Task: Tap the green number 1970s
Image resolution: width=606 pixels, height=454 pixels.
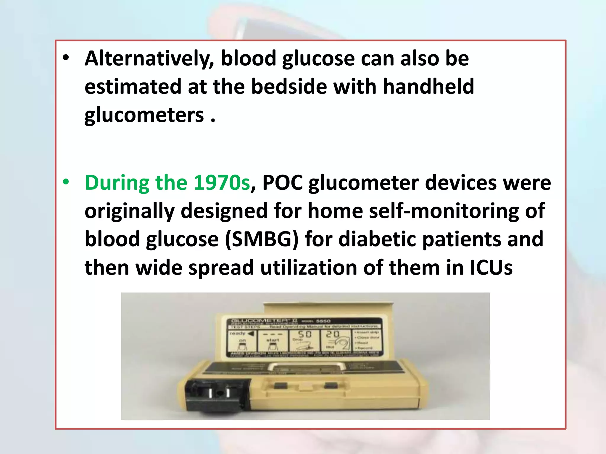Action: click(x=222, y=183)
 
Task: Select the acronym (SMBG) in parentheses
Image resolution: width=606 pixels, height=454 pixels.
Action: click(x=262, y=239)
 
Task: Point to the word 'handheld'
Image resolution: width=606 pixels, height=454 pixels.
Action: click(x=428, y=87)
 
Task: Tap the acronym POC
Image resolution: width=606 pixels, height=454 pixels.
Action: click(x=282, y=183)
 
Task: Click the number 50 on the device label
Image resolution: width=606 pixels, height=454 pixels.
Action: click(x=304, y=334)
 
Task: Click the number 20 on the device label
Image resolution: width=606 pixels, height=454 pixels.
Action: click(x=333, y=334)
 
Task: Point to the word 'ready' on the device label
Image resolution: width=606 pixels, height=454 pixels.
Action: click(x=237, y=333)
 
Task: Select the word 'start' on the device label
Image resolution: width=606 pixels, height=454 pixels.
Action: click(x=273, y=340)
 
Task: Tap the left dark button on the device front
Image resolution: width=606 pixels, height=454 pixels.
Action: click(x=281, y=385)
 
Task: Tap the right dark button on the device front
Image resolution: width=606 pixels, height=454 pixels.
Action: click(x=331, y=385)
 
